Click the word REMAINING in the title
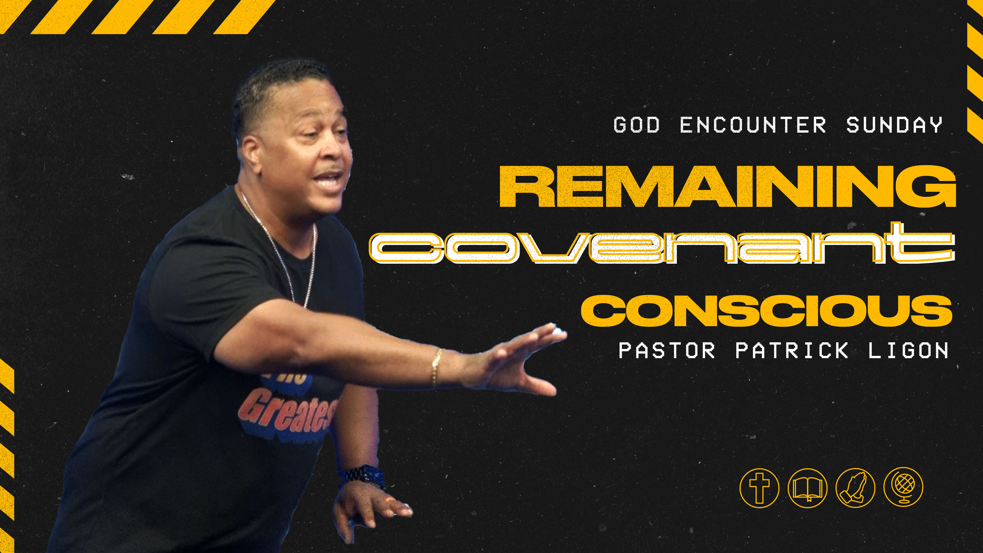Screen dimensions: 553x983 [727, 187]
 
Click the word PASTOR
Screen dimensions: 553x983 [667, 350]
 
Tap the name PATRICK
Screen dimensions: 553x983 [792, 350]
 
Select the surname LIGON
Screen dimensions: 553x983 [908, 350]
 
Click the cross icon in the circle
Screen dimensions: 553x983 [759, 488]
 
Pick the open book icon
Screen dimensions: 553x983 [807, 488]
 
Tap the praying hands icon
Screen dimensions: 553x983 [855, 488]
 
